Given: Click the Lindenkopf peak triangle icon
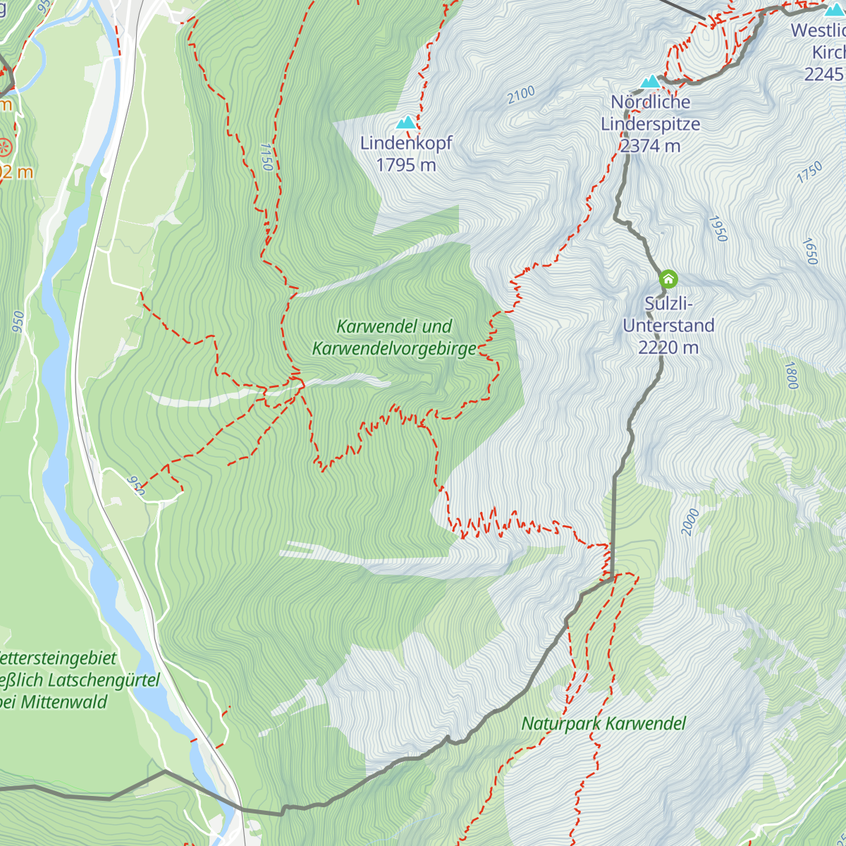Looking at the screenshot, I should point(405,123).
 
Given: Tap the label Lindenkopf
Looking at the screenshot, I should point(406,143).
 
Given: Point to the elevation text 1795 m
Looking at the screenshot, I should point(406,165).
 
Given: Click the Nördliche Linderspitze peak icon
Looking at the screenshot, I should point(650,82).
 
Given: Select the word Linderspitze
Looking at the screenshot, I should point(650,124).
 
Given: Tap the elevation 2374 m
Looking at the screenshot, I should point(650,146).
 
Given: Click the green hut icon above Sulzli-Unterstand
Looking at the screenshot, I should point(668,279).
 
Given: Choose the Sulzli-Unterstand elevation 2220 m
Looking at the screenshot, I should point(668,347).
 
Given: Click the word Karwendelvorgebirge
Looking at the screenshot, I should point(394,349).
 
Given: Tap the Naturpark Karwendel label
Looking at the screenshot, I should point(603,723).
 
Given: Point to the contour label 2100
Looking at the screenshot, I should point(521,95).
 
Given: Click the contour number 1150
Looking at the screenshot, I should point(266,157).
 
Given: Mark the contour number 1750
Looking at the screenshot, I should point(810,173).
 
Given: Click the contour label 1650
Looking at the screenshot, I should point(809,252).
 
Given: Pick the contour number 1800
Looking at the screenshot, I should point(791,376).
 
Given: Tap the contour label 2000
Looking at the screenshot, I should point(690,522).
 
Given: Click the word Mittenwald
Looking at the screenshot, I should point(64,702).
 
